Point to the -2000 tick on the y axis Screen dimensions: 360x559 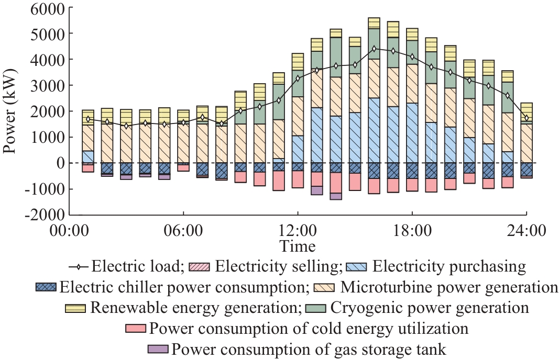tap(45, 215)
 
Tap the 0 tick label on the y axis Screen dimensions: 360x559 tap(61, 163)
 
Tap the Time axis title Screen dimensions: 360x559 tap(298, 246)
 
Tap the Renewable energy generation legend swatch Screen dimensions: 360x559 tap(76, 308)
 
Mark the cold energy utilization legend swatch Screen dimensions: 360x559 tap(136, 329)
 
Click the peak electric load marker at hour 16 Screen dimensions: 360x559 tap(374, 49)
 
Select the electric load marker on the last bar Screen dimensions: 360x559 tap(527, 118)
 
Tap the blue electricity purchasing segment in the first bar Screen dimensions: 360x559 tap(88, 156)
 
